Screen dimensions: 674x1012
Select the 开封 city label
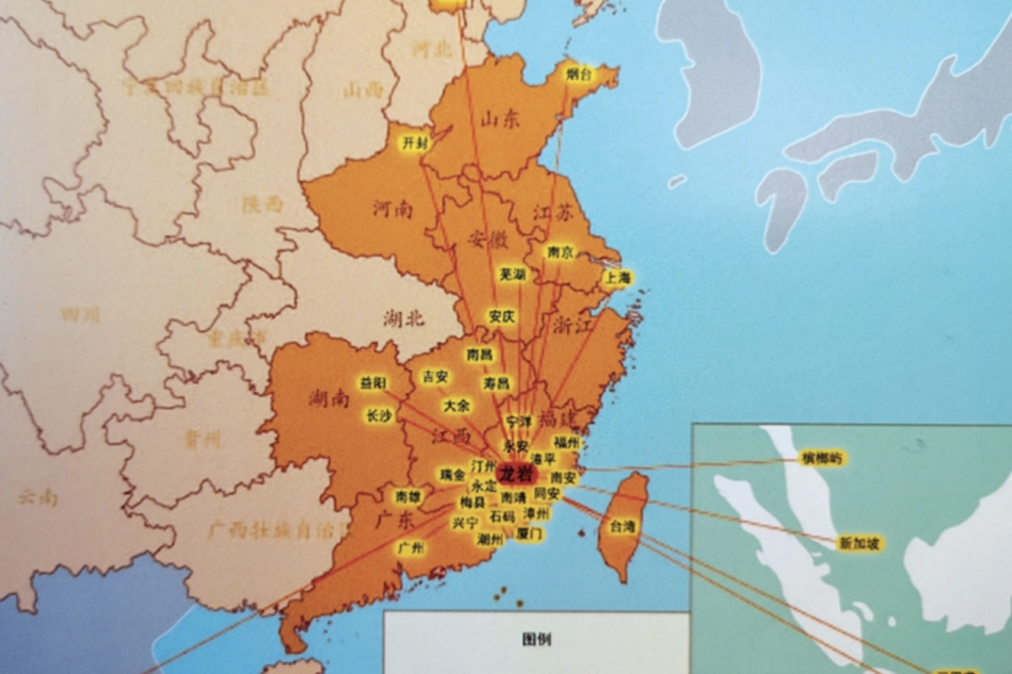[x=413, y=142]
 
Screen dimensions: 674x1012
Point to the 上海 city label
[x=618, y=277]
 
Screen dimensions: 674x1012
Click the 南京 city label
[x=560, y=252]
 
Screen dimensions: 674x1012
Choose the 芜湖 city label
[x=512, y=275]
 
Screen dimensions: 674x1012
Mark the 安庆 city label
[x=502, y=317]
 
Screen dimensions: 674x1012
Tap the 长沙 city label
[x=379, y=416]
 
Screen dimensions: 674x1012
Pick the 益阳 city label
[x=372, y=382]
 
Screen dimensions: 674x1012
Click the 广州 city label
[x=410, y=547]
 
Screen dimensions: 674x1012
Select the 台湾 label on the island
[x=622, y=526]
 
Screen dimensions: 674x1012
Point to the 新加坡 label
[x=859, y=544]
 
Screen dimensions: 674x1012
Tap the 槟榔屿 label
[x=822, y=458]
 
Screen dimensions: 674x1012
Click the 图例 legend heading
[x=537, y=640]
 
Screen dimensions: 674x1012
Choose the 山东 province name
[x=499, y=119]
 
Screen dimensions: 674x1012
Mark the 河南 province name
[x=391, y=208]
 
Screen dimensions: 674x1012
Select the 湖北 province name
[x=404, y=319]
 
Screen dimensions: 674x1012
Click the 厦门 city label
[x=529, y=533]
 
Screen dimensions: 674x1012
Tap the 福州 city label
[x=566, y=442]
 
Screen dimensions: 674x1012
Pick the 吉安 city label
[x=435, y=377]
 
